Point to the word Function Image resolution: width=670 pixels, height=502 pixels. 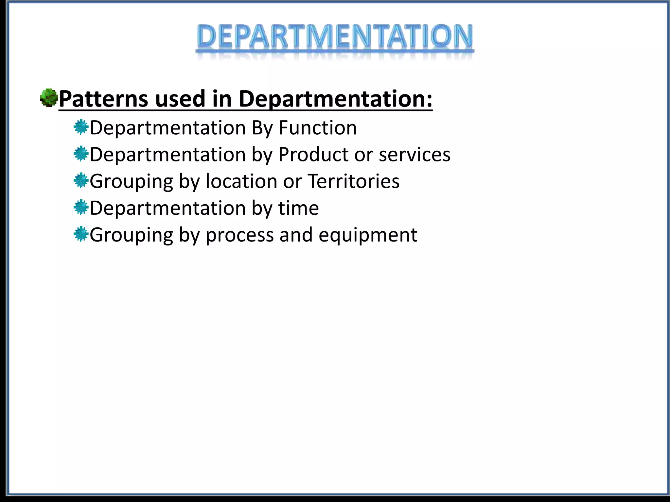pyautogui.click(x=317, y=127)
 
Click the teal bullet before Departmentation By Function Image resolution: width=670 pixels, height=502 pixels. pyautogui.click(x=81, y=127)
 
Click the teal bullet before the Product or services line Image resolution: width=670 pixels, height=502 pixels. pyautogui.click(x=81, y=154)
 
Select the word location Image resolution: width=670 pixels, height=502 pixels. pyautogui.click(x=241, y=181)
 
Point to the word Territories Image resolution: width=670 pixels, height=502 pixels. pyautogui.click(x=354, y=181)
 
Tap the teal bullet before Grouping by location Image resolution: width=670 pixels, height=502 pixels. pyautogui.click(x=81, y=181)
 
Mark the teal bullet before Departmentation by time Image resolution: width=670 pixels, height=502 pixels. pyautogui.click(x=81, y=208)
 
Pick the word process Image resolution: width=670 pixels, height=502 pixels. pyautogui.click(x=239, y=235)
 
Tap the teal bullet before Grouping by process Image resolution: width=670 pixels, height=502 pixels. pyautogui.click(x=81, y=234)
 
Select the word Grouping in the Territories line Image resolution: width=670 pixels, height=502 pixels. pyautogui.click(x=131, y=182)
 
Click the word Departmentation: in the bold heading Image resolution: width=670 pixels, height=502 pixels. pyautogui.click(x=335, y=99)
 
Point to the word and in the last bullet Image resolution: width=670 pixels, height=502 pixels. pyautogui.click(x=296, y=235)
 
